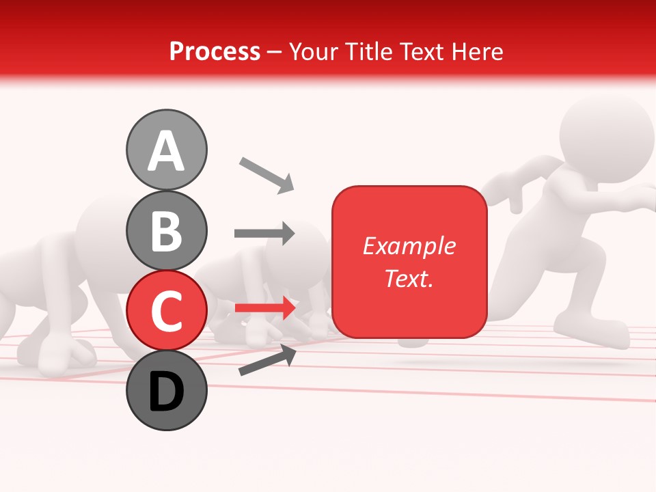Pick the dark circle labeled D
click(167, 390)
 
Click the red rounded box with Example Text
click(409, 262)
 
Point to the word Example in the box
click(409, 246)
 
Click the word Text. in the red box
click(409, 278)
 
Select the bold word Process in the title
click(215, 51)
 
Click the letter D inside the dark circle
click(167, 393)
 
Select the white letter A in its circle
click(167, 151)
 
